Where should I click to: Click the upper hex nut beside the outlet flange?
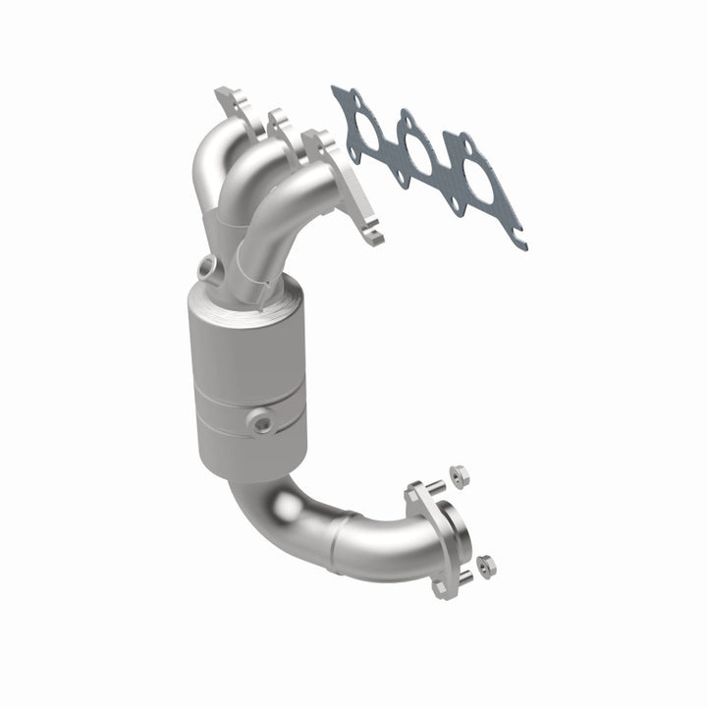click(x=460, y=475)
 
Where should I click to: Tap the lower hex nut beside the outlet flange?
click(x=486, y=566)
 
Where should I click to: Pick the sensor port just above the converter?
click(x=208, y=265)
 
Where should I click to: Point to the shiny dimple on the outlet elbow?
click(x=286, y=507)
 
